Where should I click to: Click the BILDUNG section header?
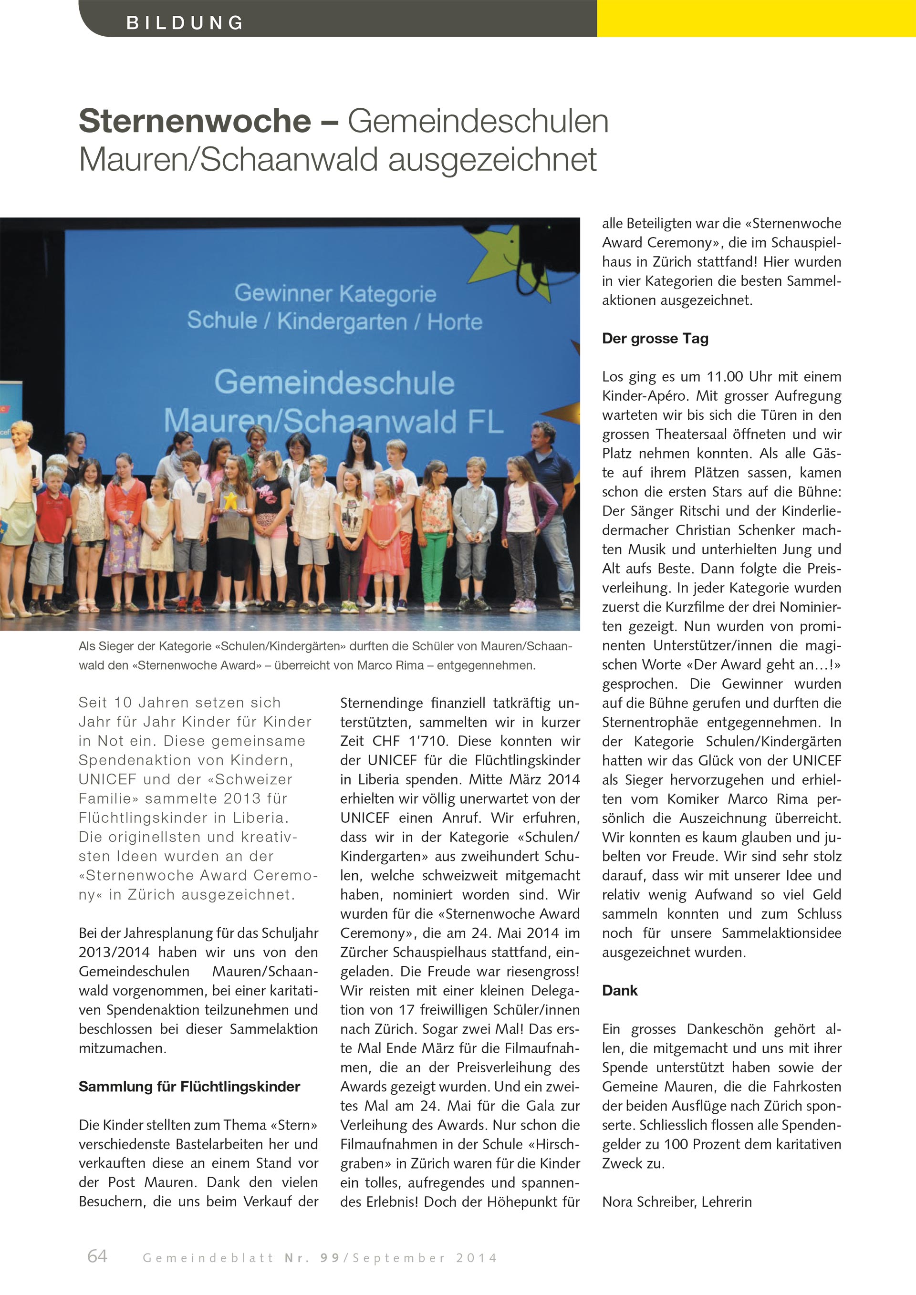185,22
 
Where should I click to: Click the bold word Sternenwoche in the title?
195,121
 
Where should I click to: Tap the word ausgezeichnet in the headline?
492,160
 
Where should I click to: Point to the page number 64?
97,1255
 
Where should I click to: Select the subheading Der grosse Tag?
655,338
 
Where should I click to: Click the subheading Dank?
619,990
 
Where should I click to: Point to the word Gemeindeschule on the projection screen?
334,383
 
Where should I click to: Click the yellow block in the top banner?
756,19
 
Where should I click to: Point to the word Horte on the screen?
455,322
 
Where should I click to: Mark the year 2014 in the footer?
477,1258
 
